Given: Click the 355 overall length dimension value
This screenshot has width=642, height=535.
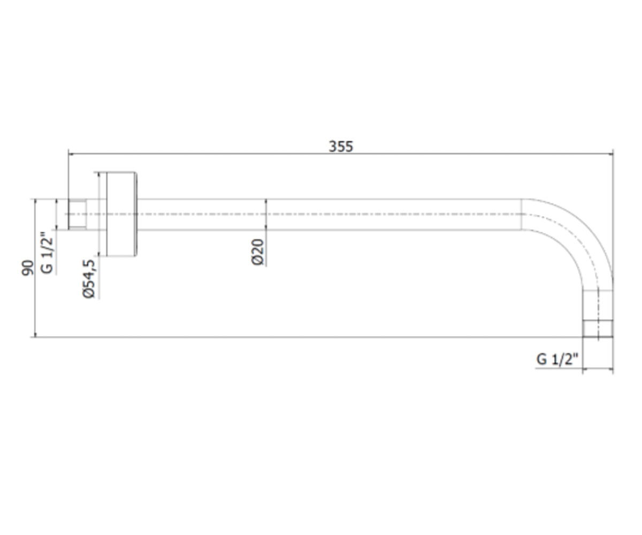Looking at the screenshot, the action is pos(341,147).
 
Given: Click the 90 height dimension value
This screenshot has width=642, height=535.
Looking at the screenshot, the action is pos(28,268).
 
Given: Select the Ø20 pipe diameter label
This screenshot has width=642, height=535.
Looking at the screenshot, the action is pos(258,252).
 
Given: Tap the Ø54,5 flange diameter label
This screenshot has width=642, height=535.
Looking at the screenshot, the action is pos(89,279).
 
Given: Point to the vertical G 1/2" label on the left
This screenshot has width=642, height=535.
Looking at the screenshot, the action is pos(47,253).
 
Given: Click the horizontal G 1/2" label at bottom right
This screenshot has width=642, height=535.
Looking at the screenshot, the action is pos(557,359).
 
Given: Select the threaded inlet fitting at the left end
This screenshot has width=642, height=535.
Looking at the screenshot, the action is pos(77,215).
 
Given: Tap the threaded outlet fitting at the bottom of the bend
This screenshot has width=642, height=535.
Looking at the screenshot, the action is pos(598,328).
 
